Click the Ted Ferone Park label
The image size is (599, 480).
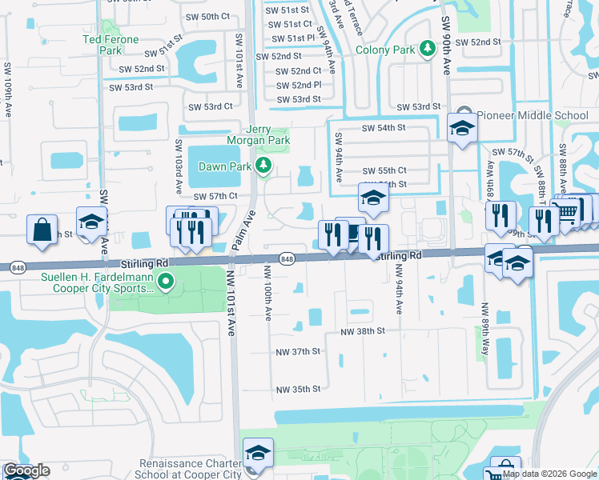click(x=111, y=45)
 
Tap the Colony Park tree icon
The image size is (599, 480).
click(x=428, y=50)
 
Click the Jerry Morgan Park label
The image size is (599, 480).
click(x=267, y=136)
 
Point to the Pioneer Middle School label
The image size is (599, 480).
click(x=533, y=115)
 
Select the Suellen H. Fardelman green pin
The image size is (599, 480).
click(x=166, y=281)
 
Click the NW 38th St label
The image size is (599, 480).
click(x=363, y=331)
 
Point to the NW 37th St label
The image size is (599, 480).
click(x=299, y=351)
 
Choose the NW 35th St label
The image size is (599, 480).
click(x=298, y=390)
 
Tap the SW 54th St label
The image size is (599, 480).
click(x=384, y=127)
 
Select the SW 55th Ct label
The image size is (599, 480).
click(x=384, y=170)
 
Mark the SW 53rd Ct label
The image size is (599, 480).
click(x=210, y=106)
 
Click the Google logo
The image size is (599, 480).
click(x=26, y=470)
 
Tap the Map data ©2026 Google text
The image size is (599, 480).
click(x=549, y=474)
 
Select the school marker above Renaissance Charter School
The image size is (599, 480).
click(x=258, y=454)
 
